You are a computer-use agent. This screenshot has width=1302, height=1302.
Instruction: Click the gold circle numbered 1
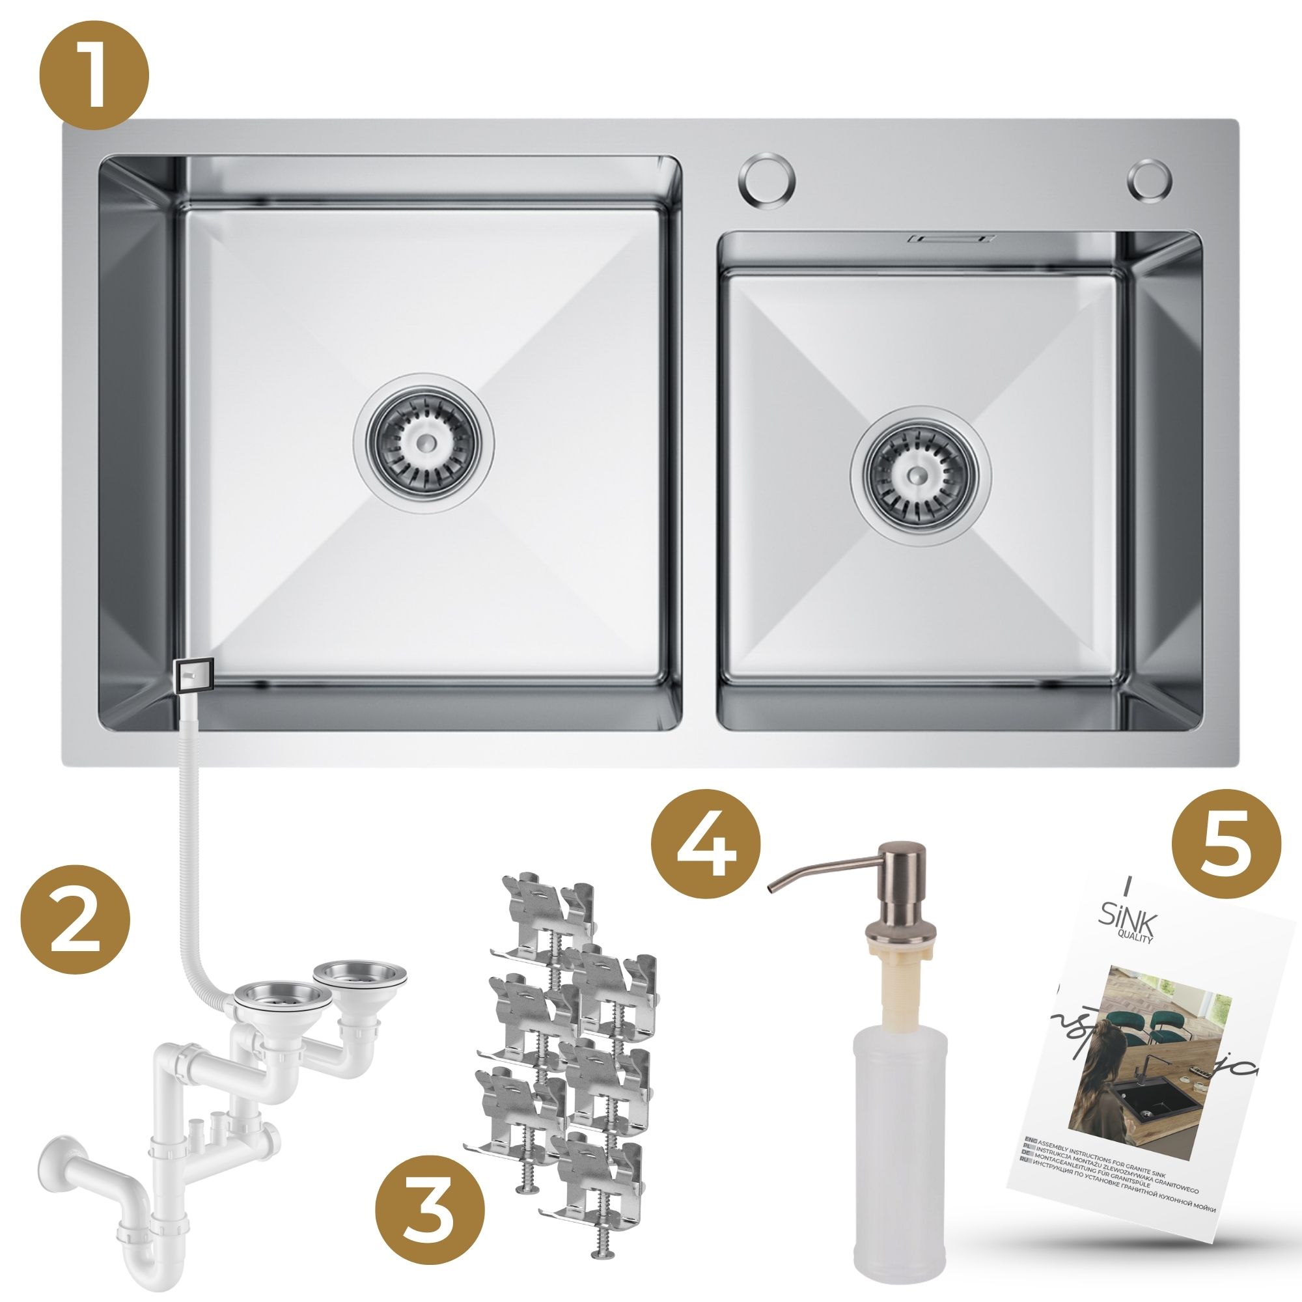pos(94,76)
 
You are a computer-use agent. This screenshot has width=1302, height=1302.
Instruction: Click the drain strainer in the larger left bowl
pos(424,442)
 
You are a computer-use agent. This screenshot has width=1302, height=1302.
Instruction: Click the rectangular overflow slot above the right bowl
pos(951,238)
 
